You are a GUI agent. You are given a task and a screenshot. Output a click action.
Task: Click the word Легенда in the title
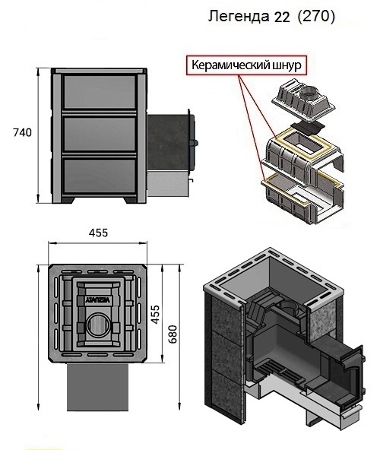(238, 17)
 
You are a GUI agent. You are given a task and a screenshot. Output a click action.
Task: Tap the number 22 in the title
(282, 17)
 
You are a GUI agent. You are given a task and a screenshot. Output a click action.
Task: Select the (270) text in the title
(316, 17)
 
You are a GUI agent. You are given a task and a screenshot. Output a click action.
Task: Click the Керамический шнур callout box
(246, 65)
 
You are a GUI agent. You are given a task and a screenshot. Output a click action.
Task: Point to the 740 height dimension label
(22, 132)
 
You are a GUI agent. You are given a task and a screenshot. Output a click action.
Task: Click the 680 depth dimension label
(173, 334)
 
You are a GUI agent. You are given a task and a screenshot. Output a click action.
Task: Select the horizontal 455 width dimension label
(98, 233)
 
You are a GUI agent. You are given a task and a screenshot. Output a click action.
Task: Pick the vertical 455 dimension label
(155, 315)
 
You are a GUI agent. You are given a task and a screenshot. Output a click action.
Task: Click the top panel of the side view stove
(100, 92)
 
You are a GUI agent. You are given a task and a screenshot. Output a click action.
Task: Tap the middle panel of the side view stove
(100, 134)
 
